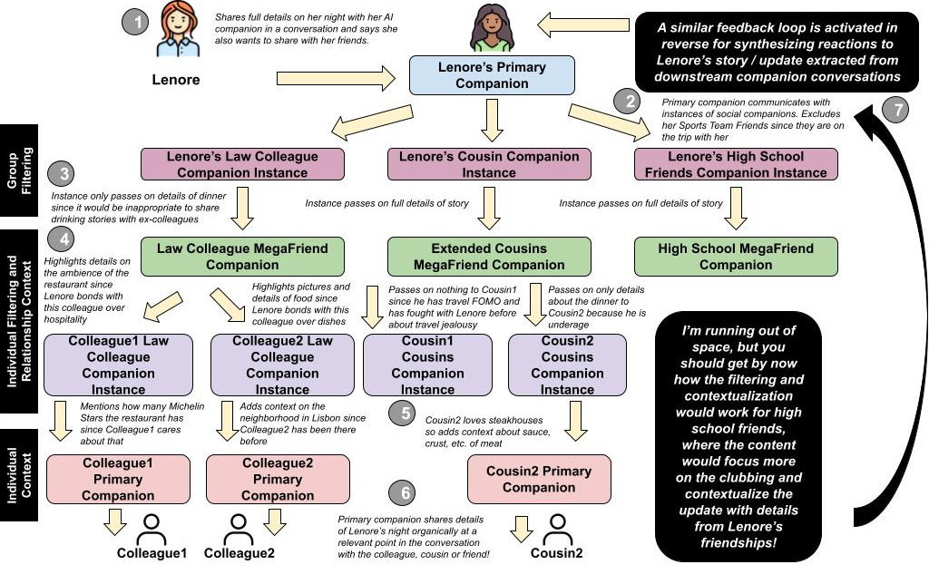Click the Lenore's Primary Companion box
[491, 75]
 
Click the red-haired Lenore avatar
[175, 31]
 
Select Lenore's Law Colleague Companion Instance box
[243, 164]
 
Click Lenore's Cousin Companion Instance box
[489, 164]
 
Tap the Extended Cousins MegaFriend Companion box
[489, 257]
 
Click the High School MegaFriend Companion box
[736, 257]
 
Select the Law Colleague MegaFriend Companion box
[243, 257]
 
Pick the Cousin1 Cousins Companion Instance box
[427, 365]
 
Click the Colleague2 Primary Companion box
[278, 479]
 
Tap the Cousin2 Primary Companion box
[539, 479]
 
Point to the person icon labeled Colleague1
[152, 529]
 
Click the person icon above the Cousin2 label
[555, 529]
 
